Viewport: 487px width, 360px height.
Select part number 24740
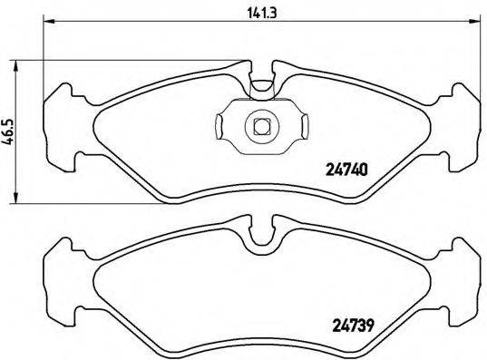(346, 166)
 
